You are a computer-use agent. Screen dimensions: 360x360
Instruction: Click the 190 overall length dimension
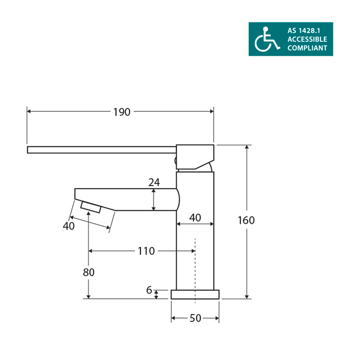122,112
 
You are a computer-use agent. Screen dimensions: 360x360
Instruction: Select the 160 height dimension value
246,220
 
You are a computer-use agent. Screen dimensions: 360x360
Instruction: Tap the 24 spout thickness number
154,182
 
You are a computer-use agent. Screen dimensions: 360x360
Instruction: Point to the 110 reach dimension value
146,251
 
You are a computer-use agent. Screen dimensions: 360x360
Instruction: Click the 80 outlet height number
89,272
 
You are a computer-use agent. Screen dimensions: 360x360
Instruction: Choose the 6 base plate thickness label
149,290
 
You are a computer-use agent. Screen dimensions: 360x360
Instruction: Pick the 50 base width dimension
195,318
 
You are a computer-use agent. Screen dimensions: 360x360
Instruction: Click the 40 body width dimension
195,218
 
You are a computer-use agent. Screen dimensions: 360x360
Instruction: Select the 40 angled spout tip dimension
68,226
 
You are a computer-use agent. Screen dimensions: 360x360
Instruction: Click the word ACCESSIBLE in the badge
307,40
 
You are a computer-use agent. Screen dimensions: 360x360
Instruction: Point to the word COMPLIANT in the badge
307,48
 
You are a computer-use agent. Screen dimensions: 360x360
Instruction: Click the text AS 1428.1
301,31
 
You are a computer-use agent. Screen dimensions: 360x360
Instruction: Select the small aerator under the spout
91,207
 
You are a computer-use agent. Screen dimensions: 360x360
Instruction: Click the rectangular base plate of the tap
195,294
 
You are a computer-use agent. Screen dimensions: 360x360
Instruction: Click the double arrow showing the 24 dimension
153,200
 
